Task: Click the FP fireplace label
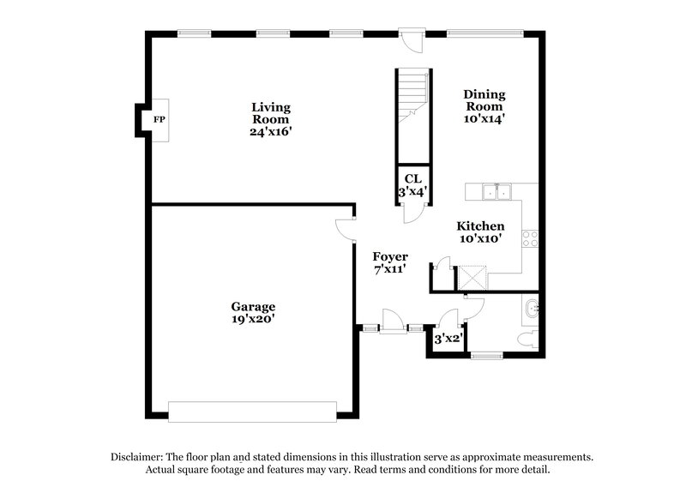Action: (x=159, y=120)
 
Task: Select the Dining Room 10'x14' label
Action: (x=484, y=107)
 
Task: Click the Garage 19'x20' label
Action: (x=252, y=312)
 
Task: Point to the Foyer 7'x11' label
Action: (x=389, y=262)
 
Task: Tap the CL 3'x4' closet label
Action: (x=412, y=185)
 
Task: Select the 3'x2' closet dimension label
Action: (x=448, y=340)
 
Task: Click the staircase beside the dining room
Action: (x=412, y=111)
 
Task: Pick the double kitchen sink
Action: (x=496, y=192)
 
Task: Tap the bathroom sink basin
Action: (x=532, y=308)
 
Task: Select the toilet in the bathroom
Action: (x=528, y=339)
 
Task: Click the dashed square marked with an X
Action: (x=472, y=277)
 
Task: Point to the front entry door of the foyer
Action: (x=392, y=324)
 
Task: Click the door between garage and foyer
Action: (x=345, y=228)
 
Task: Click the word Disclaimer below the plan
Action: (x=137, y=457)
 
